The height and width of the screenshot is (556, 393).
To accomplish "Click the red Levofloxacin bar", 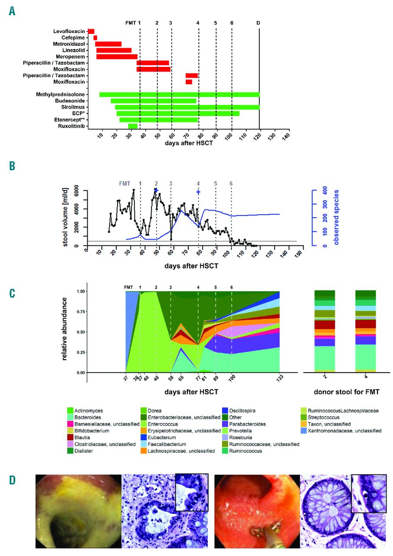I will [91, 31].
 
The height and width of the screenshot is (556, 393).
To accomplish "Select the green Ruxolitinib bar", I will [133, 126].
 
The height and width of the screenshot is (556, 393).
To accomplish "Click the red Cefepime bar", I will [95, 38].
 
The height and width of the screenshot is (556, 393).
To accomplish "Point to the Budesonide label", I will [69, 101].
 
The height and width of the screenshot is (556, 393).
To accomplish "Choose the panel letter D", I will [12, 479].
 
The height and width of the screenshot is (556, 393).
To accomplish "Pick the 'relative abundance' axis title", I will [65, 329].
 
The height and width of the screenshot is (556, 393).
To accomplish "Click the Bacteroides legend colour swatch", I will [71, 417].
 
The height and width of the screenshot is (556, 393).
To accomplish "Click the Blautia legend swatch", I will [71, 438].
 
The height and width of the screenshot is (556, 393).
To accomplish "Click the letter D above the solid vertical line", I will [259, 23].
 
